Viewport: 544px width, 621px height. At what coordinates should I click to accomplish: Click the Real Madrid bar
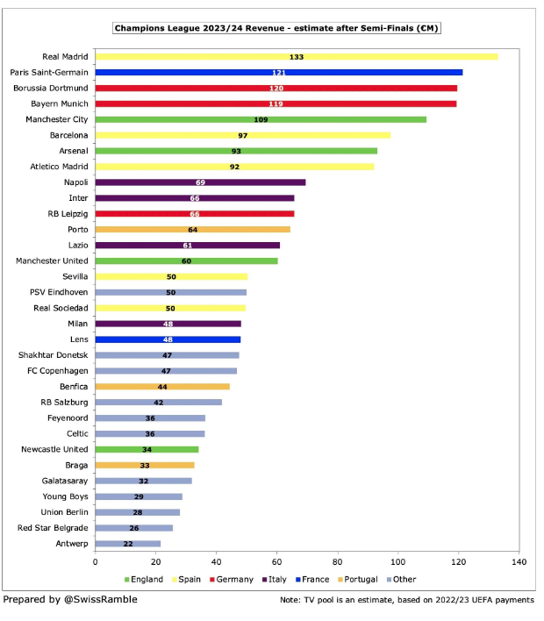pyautogui.click(x=297, y=56)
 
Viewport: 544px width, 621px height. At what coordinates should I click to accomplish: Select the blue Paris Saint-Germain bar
pyautogui.click(x=278, y=72)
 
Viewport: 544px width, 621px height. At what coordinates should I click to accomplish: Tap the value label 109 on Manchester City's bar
pyautogui.click(x=261, y=119)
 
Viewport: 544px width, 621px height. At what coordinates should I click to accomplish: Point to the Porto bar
pyautogui.click(x=192, y=230)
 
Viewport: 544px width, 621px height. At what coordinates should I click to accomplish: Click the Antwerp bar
pyautogui.click(x=127, y=544)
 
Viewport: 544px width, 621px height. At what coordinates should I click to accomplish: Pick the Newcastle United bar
pyautogui.click(x=147, y=449)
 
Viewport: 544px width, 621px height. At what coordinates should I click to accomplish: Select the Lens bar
pyautogui.click(x=168, y=339)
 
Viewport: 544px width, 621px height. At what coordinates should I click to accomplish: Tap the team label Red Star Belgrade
pyautogui.click(x=53, y=528)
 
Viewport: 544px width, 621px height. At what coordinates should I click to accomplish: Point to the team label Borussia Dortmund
pyautogui.click(x=51, y=88)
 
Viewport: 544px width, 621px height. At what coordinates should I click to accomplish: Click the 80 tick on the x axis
pyautogui.click(x=338, y=561)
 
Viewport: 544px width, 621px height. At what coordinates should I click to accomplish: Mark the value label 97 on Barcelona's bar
pyautogui.click(x=243, y=135)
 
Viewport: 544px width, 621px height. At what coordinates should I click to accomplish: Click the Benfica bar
pyautogui.click(x=162, y=387)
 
